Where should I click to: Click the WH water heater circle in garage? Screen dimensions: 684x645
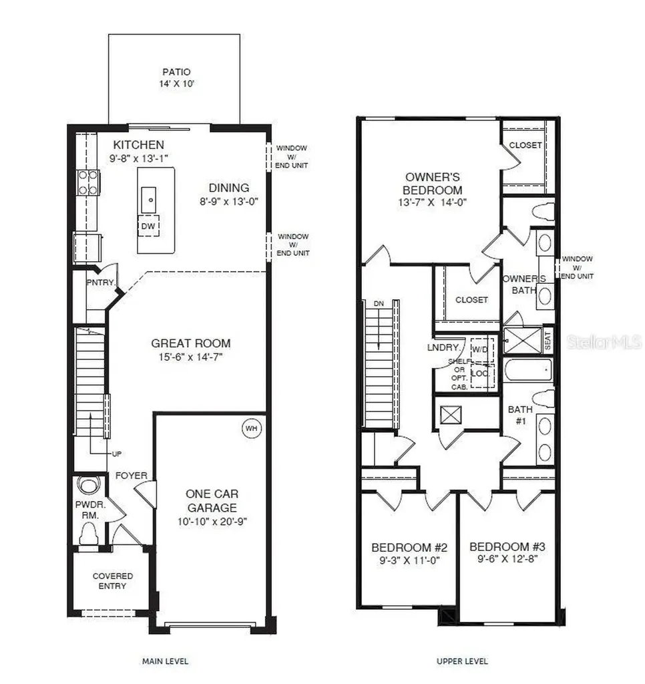(x=251, y=427)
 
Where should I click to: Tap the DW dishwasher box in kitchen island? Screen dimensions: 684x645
(x=149, y=226)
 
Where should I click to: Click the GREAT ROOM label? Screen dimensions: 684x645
(x=190, y=343)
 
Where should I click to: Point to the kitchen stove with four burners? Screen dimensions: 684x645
(x=89, y=182)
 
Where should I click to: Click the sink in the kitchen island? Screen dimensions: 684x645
(x=151, y=198)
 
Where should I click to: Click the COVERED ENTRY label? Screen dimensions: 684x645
(x=112, y=580)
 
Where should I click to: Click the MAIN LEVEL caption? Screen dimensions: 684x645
(x=165, y=661)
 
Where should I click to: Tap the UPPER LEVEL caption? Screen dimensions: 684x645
(x=462, y=661)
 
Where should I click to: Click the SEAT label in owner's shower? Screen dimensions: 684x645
(x=548, y=341)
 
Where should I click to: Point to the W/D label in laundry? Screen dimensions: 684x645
(x=479, y=349)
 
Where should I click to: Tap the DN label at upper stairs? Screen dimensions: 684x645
(x=379, y=303)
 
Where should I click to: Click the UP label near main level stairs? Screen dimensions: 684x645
(x=117, y=454)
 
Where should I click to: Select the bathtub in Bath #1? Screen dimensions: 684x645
(x=527, y=369)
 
